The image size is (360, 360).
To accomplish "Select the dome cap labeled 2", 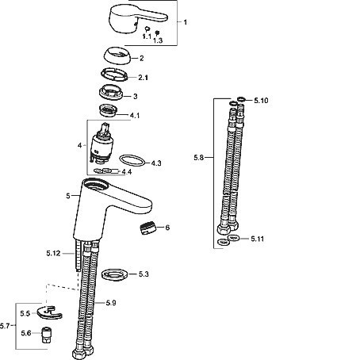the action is tap(117, 55).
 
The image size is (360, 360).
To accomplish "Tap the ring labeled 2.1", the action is tap(114, 75).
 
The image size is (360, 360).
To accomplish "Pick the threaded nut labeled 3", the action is tap(111, 92).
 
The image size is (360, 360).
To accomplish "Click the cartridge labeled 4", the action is tap(101, 143).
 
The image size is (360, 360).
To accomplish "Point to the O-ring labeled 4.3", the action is tap(132, 160).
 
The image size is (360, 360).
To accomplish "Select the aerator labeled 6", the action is tap(148, 228).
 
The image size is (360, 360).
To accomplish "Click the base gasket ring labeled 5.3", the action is tap(115, 275).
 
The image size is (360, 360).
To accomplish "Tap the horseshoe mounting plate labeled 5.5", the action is tap(49, 312).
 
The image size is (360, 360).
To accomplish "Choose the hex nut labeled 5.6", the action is tap(47, 335).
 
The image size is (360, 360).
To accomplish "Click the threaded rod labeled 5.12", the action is tap(78, 255).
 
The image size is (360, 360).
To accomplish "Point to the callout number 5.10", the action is tap(261, 101).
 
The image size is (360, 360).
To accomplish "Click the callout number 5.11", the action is tap(257, 239).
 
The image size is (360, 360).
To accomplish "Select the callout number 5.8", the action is tap(199, 158).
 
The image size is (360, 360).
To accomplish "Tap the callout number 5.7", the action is tap(5, 326).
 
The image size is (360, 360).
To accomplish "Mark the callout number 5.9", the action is tap(111, 303).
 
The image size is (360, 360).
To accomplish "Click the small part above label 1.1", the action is tap(147, 29).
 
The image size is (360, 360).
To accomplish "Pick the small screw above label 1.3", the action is tap(158, 33).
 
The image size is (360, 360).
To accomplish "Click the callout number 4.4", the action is tap(127, 172).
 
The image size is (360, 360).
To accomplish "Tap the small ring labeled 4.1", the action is tap(108, 110).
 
